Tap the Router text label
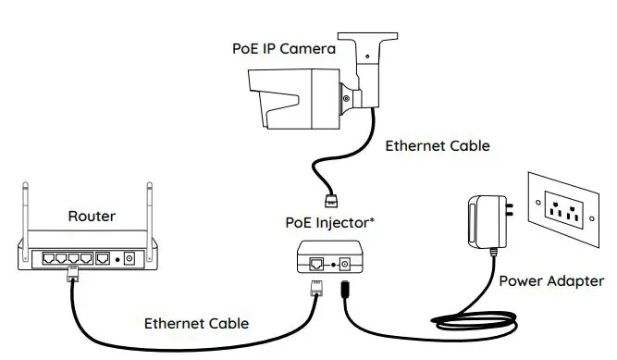click(x=92, y=217)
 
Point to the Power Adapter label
click(x=550, y=281)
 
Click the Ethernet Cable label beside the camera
click(x=437, y=145)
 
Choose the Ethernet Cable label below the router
click(x=195, y=324)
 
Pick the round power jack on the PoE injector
click(x=349, y=263)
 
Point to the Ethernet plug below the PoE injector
click(x=314, y=286)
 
